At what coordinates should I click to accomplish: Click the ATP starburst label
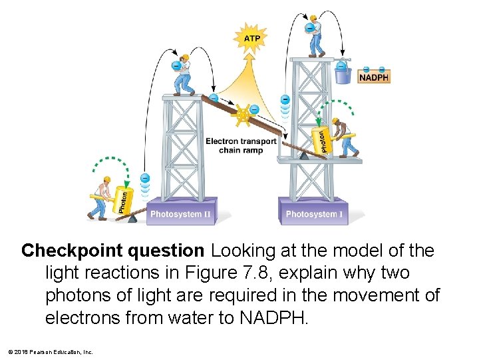tap(252, 39)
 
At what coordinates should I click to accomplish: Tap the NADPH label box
tap(373, 77)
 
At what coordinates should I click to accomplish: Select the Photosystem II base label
tap(180, 214)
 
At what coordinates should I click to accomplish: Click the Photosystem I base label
tap(315, 214)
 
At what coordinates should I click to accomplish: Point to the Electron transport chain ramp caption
tap(241, 145)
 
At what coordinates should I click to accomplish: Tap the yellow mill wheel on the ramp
tap(243, 115)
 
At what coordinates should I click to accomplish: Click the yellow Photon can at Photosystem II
tap(122, 199)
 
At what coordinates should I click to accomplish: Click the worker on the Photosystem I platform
tap(345, 137)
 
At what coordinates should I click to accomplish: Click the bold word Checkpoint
tap(64, 251)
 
